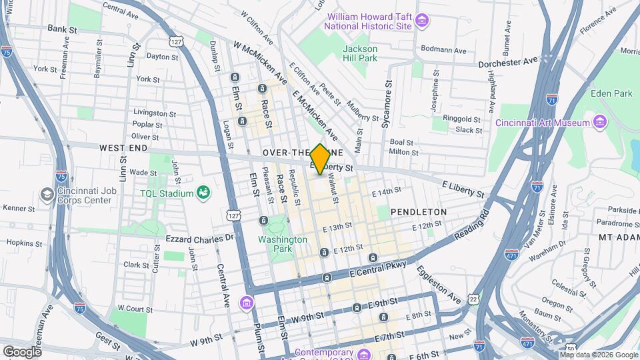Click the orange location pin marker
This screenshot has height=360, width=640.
321,159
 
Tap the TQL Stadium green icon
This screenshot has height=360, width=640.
204,193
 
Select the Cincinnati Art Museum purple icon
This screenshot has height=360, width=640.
599,122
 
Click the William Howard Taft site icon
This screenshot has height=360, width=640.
421,21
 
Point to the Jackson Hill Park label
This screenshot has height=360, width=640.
360,53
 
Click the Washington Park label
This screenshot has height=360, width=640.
283,244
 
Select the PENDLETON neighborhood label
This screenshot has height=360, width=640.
418,211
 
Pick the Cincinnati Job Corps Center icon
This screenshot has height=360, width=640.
47,194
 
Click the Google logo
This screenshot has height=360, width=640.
22,351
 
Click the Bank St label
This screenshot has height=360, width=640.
63,29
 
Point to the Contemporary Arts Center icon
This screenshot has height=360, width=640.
364,353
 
